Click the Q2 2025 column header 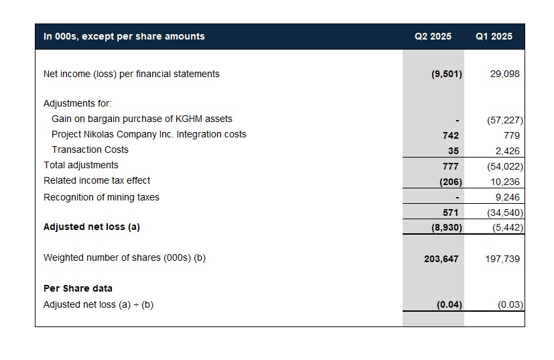433,36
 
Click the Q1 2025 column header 494,36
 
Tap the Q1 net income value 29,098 504,74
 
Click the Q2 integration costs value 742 450,135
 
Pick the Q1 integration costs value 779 512,135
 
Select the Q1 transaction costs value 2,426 507,151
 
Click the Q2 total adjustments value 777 450,166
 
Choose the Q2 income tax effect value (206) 450,182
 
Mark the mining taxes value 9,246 507,197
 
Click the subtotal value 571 450,213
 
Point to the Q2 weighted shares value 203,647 441,259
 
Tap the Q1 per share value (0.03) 510,304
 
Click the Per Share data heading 78,288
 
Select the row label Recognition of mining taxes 101,197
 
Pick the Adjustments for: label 78,104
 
